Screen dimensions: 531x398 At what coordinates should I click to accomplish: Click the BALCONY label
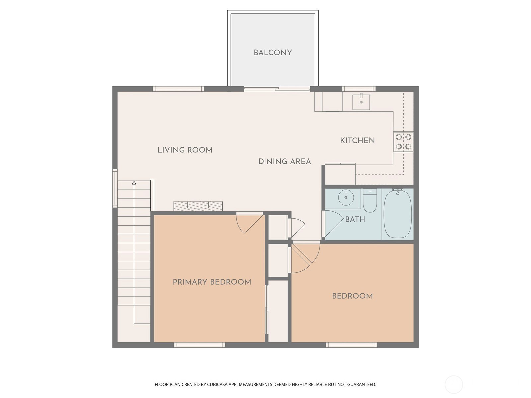(273, 53)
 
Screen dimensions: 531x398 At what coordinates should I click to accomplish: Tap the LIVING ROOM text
(185, 150)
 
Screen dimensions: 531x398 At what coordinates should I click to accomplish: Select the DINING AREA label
(284, 161)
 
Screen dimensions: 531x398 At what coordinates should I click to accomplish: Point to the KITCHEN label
(357, 140)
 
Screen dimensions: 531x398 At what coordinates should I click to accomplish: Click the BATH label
(355, 219)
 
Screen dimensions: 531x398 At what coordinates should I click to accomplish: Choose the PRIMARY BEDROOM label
(212, 282)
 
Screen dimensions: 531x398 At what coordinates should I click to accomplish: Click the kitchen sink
(361, 102)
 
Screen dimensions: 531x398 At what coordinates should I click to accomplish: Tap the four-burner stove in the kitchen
(403, 142)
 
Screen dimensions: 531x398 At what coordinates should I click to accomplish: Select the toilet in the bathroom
(370, 200)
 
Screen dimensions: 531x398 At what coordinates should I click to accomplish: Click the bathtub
(398, 214)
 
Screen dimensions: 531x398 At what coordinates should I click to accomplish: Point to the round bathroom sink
(346, 197)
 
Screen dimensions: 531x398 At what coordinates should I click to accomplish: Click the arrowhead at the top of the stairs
(134, 183)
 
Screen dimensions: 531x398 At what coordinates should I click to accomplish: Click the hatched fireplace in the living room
(198, 206)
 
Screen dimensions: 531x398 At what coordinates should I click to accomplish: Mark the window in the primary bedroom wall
(199, 345)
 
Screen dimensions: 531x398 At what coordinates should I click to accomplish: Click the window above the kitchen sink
(359, 89)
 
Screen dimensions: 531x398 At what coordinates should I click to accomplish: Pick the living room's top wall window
(178, 89)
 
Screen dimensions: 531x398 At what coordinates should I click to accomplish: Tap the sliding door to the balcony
(277, 89)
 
